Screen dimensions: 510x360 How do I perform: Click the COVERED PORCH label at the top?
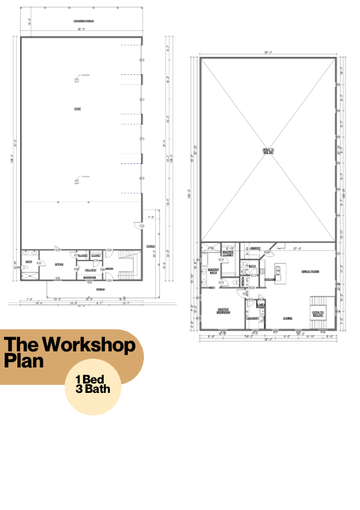point(84,21)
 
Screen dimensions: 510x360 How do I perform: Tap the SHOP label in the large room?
point(77,108)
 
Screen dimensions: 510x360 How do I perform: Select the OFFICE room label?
point(59,264)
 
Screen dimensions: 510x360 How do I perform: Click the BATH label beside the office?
point(29,262)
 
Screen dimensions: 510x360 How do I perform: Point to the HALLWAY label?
point(90,269)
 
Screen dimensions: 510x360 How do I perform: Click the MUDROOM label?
point(89,277)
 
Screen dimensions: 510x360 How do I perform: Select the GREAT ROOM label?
point(309,271)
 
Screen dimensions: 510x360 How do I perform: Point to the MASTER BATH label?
point(214,271)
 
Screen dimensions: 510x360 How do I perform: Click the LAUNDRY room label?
point(252,318)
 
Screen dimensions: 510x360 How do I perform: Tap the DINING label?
point(287,318)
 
